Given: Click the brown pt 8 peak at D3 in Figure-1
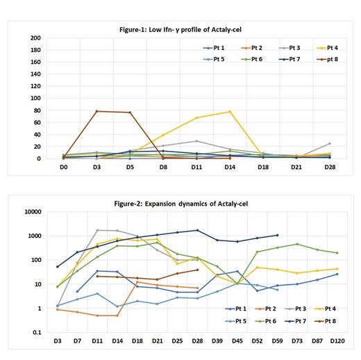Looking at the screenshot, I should [96, 111].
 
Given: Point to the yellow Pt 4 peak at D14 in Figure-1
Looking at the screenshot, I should [230, 111].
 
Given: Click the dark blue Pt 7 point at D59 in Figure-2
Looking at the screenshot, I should [277, 235].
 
